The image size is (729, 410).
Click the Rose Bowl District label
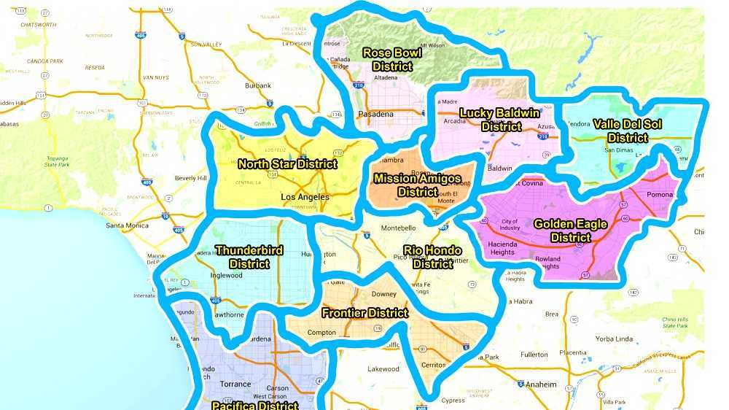tap(392, 59)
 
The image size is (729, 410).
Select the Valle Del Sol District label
tap(627, 131)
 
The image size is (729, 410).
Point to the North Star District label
tap(287, 163)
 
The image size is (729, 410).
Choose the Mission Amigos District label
tap(417, 185)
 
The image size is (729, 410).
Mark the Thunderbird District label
tap(249, 257)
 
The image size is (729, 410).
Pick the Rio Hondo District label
tap(432, 257)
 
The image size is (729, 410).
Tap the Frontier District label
tap(365, 313)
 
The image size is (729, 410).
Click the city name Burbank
tap(257, 85)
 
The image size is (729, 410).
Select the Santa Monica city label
tap(127, 225)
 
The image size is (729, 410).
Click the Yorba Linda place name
tap(613, 339)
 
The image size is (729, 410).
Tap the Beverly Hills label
tap(190, 178)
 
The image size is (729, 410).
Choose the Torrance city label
tap(235, 384)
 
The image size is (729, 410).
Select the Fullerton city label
tap(534, 355)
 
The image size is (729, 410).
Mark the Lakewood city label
tap(383, 368)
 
